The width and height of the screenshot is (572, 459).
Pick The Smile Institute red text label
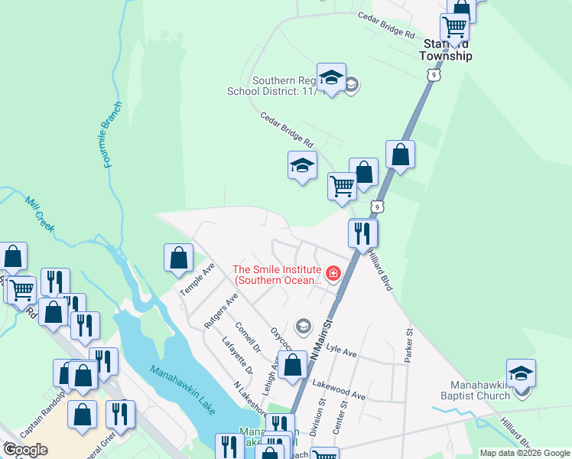click(277, 275)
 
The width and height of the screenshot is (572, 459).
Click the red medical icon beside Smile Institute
click(333, 273)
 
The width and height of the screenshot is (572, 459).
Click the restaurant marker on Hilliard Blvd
click(362, 233)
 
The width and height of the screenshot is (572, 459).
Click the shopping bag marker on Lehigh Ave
click(292, 365)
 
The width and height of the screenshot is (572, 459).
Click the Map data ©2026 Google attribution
click(524, 453)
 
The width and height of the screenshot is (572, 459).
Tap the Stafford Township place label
click(447, 50)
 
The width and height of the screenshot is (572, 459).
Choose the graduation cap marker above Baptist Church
click(521, 373)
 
